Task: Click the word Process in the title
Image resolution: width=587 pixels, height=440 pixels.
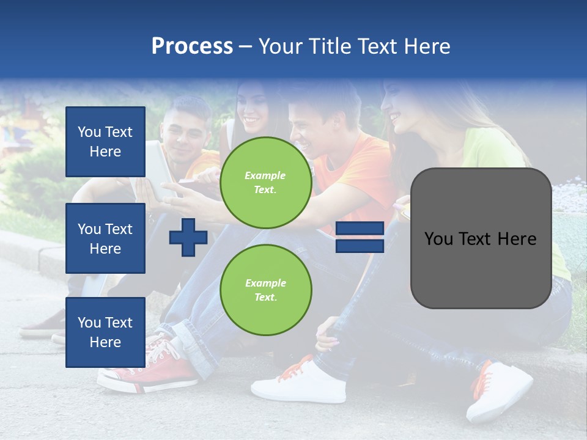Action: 192,46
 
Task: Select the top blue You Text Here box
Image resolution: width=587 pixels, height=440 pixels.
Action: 105,142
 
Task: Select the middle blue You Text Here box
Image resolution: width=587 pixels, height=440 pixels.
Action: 105,238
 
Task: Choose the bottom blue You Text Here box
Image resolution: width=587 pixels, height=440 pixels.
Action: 105,332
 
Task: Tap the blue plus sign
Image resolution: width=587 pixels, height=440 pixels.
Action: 188,237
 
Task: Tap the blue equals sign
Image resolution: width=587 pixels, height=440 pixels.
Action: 360,237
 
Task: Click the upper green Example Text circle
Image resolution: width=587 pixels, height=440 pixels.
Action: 265,183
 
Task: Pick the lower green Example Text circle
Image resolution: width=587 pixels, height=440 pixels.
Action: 265,290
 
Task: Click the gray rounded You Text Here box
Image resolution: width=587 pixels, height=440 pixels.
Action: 481,238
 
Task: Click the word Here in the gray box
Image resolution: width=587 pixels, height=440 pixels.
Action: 516,239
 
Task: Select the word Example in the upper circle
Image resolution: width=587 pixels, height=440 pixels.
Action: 265,176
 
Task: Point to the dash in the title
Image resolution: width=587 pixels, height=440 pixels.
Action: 245,46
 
